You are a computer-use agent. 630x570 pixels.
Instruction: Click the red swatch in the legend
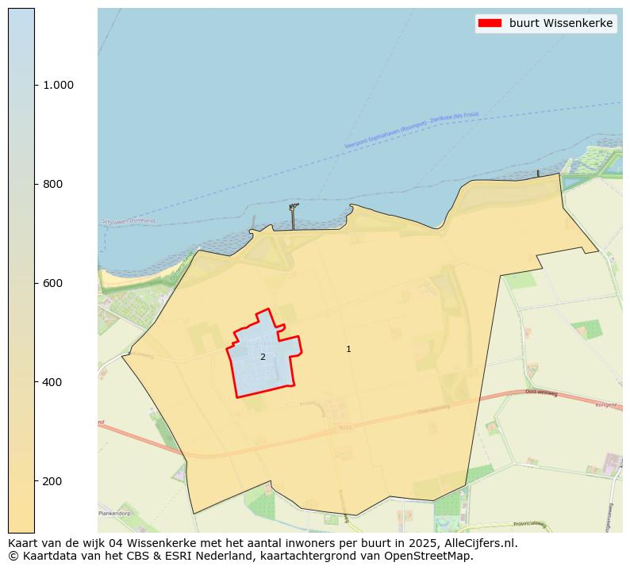click(490, 23)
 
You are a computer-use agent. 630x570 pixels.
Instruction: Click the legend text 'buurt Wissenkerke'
click(561, 23)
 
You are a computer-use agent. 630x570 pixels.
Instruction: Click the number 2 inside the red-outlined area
click(263, 357)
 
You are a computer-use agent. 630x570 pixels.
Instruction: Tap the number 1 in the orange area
click(348, 349)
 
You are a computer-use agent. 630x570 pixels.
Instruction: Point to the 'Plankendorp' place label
click(115, 514)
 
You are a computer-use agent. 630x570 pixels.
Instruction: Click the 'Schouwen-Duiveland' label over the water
click(129, 221)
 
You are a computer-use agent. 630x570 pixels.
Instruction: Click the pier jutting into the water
click(294, 216)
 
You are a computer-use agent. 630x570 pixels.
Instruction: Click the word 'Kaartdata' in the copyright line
click(47, 556)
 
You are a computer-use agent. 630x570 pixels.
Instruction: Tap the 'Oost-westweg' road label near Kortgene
click(541, 392)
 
